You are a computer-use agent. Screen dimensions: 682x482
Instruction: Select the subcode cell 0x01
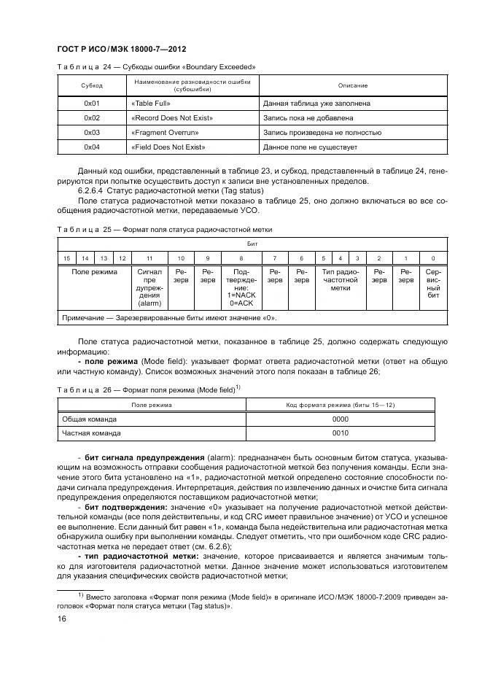click(91, 104)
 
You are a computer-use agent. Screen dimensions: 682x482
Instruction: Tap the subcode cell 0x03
click(91, 133)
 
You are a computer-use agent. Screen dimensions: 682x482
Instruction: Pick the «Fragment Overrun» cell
click(165, 133)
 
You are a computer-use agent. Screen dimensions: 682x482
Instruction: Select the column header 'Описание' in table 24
click(353, 86)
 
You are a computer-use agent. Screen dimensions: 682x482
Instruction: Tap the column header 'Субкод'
click(91, 86)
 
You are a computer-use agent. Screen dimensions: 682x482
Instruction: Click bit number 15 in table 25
click(66, 258)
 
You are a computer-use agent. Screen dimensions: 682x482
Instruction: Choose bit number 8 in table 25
click(241, 258)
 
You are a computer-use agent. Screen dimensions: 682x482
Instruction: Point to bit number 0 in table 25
click(433, 258)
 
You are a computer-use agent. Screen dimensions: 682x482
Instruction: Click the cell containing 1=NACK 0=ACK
click(241, 298)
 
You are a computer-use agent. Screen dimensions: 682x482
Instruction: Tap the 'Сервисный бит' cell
click(433, 285)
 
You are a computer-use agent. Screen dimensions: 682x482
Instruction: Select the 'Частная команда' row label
click(91, 433)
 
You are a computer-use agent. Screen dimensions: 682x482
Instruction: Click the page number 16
click(62, 619)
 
